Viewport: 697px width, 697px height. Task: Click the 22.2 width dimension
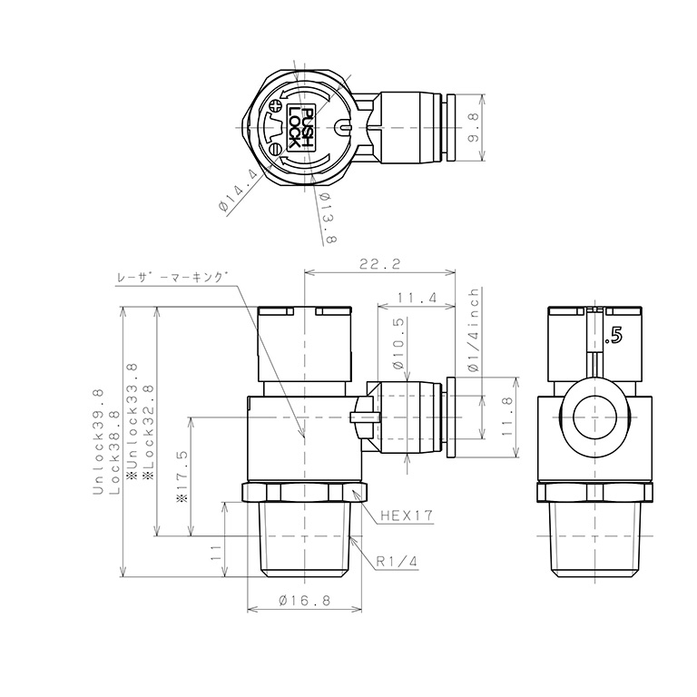click(379, 264)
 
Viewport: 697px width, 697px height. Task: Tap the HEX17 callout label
click(407, 515)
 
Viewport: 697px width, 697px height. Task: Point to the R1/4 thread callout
click(397, 562)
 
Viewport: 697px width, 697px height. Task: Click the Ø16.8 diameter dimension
click(304, 601)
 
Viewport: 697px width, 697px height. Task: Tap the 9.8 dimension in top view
click(473, 127)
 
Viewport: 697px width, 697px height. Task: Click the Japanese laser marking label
click(172, 280)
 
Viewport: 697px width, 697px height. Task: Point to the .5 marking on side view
click(614, 336)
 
